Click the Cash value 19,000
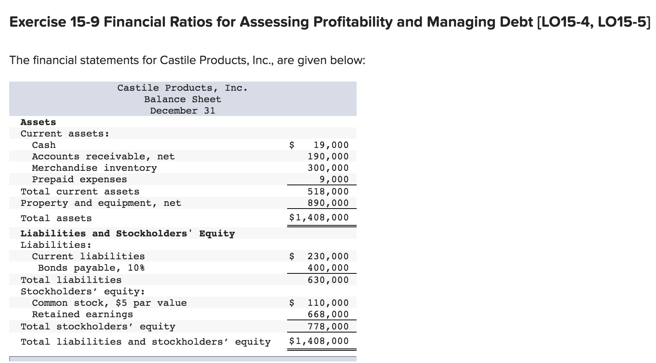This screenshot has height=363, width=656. pos(331,145)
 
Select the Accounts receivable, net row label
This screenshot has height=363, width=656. pos(103,156)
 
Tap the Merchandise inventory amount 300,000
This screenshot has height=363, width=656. pos(328,168)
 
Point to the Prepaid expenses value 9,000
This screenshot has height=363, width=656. pos(334,179)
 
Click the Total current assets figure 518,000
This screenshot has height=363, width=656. pos(328,191)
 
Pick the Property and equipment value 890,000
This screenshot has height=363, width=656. pos(328,203)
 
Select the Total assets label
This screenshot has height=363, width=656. pos(56,218)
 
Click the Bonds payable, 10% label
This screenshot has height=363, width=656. pos(91,268)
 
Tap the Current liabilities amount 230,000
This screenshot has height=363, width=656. pos(328,256)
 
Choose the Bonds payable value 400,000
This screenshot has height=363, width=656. pos(328,268)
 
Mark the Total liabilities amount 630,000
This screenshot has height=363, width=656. pos(328,280)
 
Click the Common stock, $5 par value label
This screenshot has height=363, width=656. pos(109,303)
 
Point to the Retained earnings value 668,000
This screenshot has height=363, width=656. pos(328,314)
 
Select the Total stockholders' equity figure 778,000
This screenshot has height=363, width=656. pos(328,326)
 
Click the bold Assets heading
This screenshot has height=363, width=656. pos(38,122)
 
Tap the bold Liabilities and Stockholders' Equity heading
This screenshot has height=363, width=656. pos(128,233)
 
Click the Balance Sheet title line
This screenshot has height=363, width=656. pos(183,99)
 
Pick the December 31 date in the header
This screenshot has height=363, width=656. pos(183,111)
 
